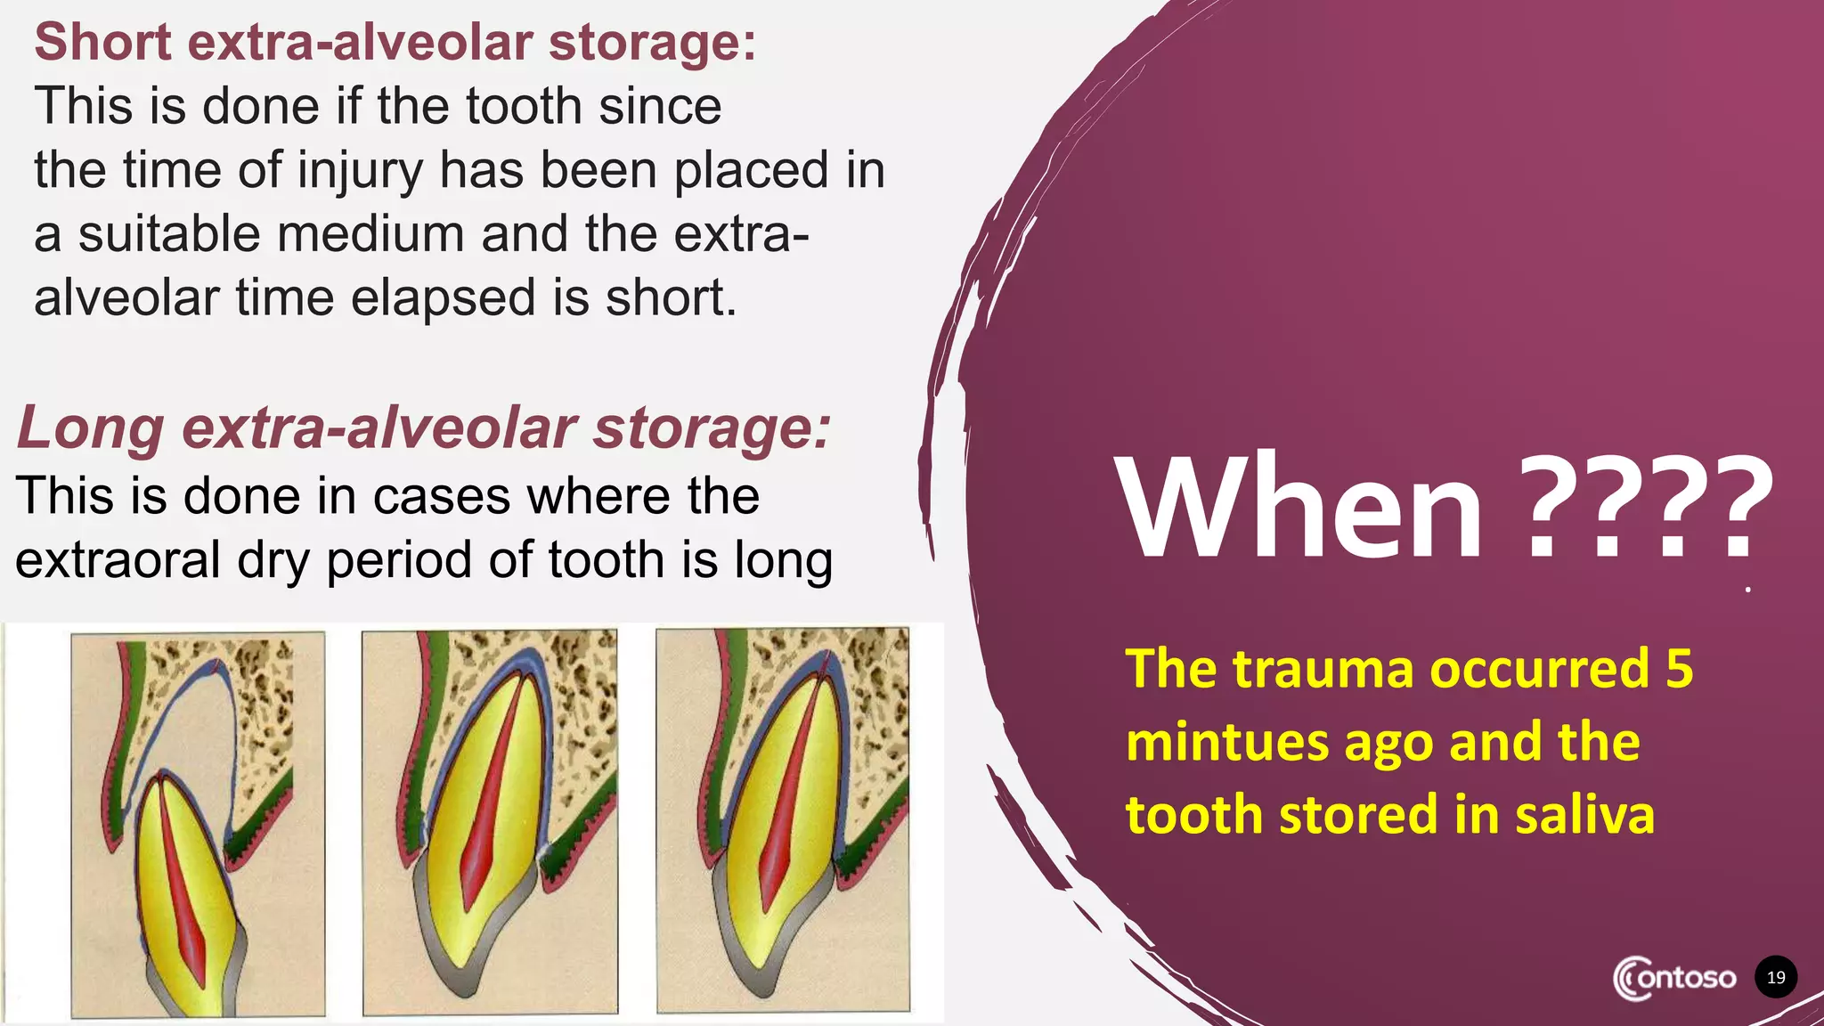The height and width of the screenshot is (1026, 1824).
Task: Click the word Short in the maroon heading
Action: tap(102, 42)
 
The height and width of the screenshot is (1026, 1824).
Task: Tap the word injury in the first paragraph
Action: tap(360, 170)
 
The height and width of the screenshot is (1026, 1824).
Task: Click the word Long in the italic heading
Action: tap(90, 428)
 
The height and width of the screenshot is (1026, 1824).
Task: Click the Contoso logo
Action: tap(1674, 978)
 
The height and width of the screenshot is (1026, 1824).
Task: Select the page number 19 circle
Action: tap(1776, 978)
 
